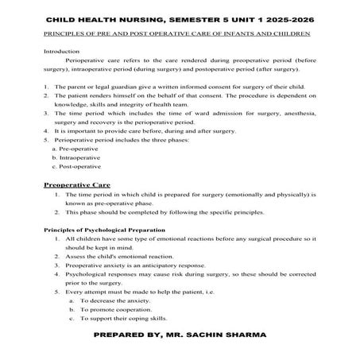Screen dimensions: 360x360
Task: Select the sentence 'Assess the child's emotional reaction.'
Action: [120, 257]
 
